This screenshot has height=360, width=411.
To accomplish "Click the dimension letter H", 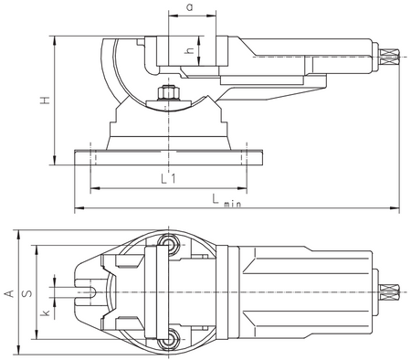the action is tap(45, 101).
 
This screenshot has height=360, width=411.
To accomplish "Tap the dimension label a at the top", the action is tap(190, 7).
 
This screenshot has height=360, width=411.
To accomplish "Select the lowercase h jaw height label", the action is tap(189, 50).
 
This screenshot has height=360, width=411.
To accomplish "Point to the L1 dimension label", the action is tap(168, 178).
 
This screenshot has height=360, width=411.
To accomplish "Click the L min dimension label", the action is tap(227, 201).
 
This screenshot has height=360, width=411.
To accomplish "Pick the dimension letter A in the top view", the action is tap(9, 293).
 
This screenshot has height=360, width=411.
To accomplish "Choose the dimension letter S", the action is tap(27, 293).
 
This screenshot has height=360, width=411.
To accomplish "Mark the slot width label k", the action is tap(46, 312).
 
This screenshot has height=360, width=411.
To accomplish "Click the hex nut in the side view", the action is tap(168, 93).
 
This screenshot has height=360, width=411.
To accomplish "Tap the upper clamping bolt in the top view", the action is tap(168, 243).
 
